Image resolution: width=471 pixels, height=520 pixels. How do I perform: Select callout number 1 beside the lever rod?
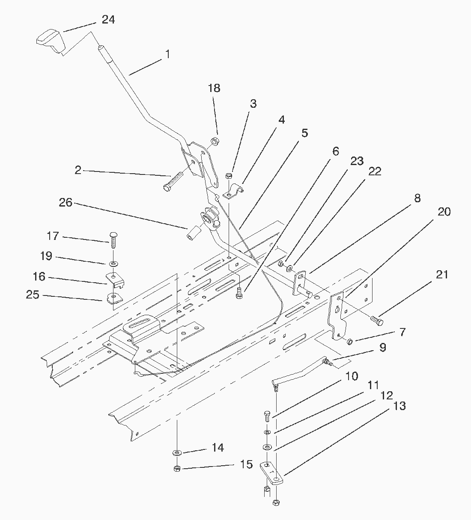click(x=167, y=54)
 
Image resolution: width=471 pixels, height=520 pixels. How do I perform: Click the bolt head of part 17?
click(x=113, y=235)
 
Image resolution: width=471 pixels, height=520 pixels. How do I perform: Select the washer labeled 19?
click(x=113, y=262)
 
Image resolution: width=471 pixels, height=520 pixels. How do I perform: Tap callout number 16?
click(x=39, y=277)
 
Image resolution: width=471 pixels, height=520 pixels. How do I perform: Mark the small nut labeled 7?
click(x=349, y=341)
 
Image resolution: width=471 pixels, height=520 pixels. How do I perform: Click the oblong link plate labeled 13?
click(x=271, y=473)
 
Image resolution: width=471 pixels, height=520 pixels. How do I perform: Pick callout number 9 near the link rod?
click(x=382, y=348)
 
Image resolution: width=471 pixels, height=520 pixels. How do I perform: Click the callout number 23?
click(x=357, y=161)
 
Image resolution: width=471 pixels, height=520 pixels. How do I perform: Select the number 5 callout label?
click(x=304, y=133)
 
